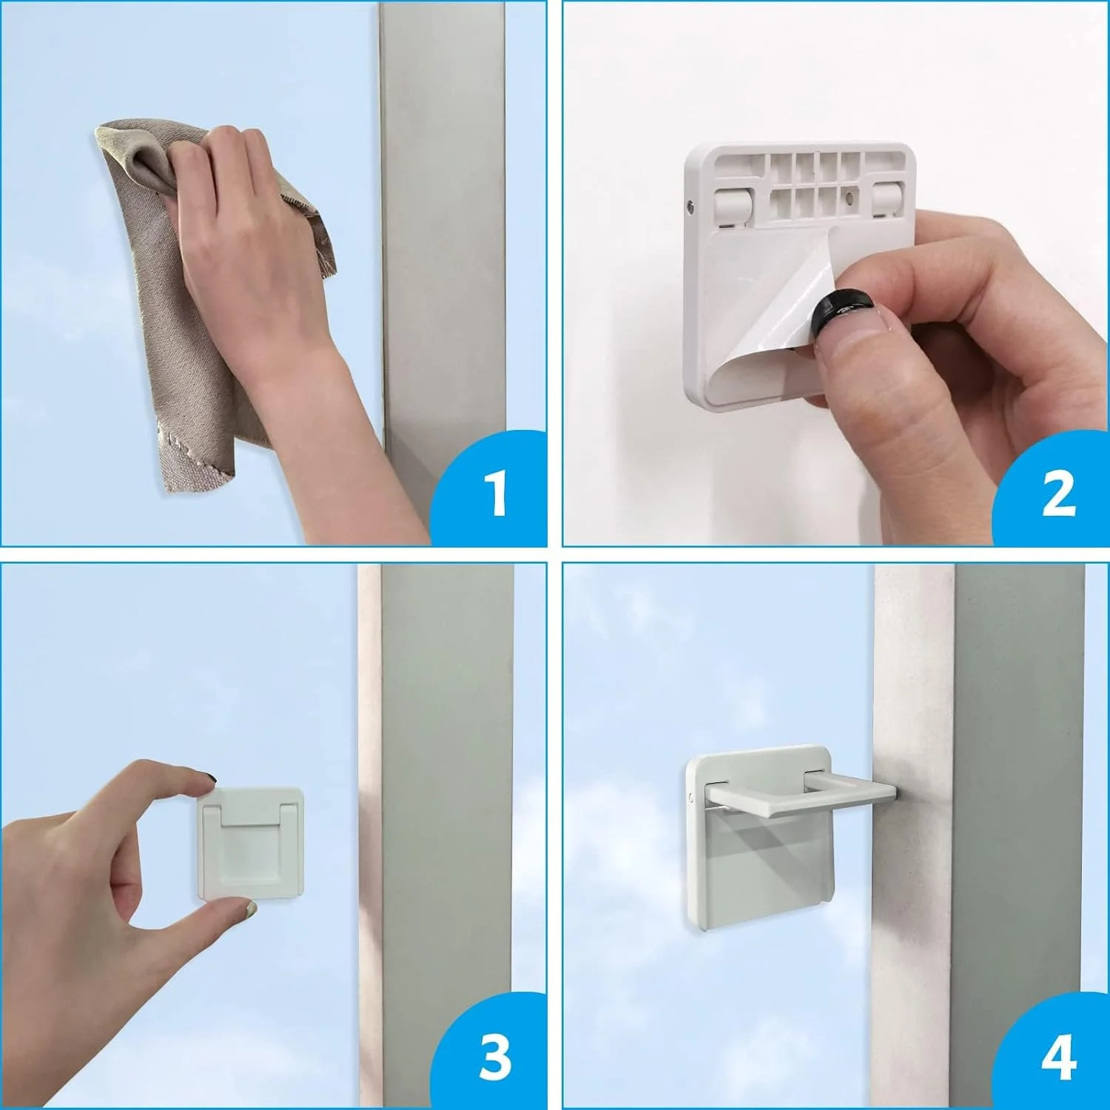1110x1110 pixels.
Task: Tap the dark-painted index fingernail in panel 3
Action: click(209, 778)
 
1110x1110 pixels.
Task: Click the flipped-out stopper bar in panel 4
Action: click(799, 793)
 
